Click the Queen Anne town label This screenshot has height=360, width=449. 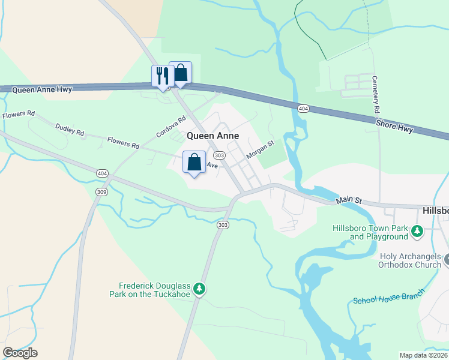212,136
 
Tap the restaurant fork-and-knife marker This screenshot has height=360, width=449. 161,76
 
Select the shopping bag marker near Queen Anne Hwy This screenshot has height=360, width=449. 180,73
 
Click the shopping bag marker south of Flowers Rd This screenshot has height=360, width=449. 194,162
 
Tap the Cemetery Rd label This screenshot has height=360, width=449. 376,95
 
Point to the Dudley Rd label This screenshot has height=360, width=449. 70,130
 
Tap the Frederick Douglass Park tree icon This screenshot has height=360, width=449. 200,290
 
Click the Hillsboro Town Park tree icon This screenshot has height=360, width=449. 415,230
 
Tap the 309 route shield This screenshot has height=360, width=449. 101,191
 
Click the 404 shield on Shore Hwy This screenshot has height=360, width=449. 303,109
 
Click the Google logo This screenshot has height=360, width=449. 20,353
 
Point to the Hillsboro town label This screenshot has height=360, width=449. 435,211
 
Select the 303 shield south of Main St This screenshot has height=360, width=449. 223,224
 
